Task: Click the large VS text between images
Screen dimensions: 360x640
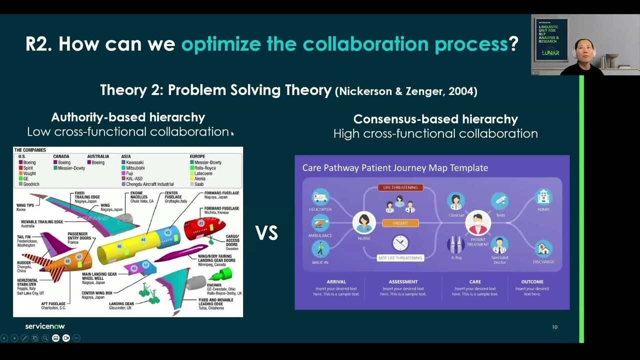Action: point(266,233)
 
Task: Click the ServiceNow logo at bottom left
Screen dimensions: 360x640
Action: point(45,326)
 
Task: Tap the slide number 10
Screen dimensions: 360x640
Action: point(554,327)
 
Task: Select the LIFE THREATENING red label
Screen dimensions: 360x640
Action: point(400,188)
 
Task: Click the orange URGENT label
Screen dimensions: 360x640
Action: point(400,223)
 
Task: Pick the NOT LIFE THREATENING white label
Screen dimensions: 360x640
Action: point(400,258)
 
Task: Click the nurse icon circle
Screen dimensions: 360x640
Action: point(364,222)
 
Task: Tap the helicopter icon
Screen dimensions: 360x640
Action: point(320,196)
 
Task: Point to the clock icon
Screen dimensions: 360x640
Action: point(400,243)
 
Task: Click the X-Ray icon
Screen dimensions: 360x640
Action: point(456,245)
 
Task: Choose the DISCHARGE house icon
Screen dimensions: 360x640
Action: point(543,248)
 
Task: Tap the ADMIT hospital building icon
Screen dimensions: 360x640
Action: point(543,196)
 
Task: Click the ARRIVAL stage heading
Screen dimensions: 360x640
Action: point(336,282)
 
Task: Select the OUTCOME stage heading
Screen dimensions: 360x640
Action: point(532,282)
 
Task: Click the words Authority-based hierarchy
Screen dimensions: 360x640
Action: point(128,117)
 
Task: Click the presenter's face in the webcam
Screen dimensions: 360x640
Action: point(583,49)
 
